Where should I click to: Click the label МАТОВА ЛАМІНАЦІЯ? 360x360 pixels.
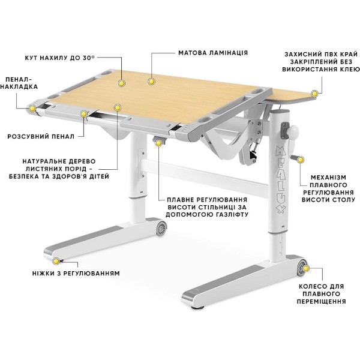[x=213, y=53]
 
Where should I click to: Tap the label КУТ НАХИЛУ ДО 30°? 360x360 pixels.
[x=59, y=58]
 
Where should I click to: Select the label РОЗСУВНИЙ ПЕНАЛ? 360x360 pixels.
[x=41, y=137]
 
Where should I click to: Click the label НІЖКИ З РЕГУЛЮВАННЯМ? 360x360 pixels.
[x=76, y=274]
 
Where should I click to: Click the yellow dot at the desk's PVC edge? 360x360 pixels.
[x=314, y=94]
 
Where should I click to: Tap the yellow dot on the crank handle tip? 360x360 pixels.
[x=301, y=160]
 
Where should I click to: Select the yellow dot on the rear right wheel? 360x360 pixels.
[x=306, y=268]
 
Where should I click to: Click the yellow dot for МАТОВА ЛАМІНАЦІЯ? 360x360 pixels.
[x=151, y=81]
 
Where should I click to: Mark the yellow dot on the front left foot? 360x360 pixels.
[x=56, y=261]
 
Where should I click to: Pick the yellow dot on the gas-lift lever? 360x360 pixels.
[x=158, y=143]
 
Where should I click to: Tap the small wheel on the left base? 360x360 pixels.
[x=161, y=228]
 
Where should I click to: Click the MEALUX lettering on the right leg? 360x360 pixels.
[x=281, y=179]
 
